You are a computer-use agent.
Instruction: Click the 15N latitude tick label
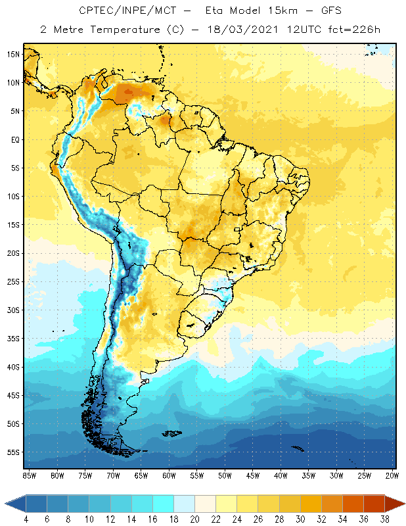tap(14, 54)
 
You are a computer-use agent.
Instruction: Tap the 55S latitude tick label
tap(14, 452)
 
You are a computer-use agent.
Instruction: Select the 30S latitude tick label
tap(14, 310)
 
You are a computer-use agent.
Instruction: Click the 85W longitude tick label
tap(30, 475)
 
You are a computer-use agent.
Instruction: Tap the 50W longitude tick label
tap(225, 475)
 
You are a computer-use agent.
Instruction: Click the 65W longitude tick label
tap(141, 475)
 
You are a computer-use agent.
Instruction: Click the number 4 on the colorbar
tap(26, 519)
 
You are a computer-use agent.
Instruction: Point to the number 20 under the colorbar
tap(194, 519)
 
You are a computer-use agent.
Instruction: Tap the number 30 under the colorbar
tap(300, 519)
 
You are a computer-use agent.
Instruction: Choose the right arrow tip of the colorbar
tap(403, 504)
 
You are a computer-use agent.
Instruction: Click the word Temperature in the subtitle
tap(115, 29)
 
